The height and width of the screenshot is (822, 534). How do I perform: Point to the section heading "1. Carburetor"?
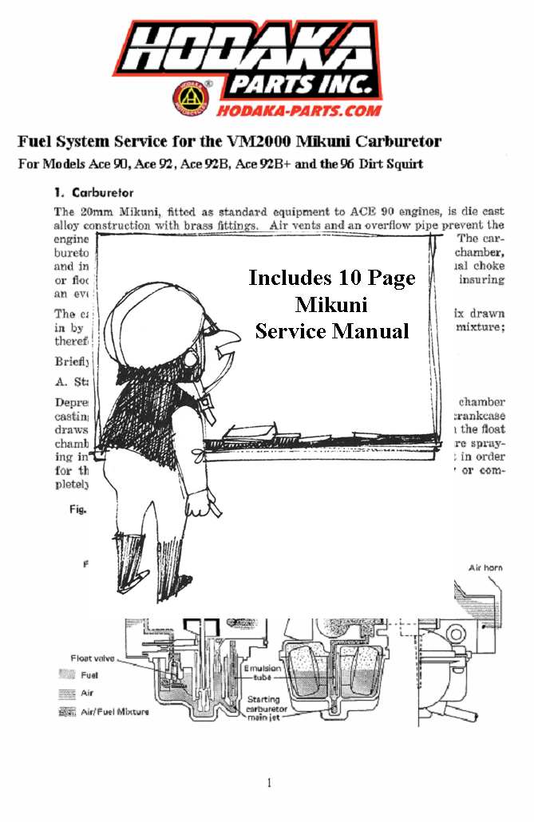[93, 192]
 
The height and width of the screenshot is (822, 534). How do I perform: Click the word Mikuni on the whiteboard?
[331, 304]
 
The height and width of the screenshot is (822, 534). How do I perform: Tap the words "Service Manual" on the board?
[331, 330]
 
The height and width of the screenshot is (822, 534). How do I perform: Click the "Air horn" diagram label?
[485, 567]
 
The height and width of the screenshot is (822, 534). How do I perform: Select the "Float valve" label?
[93, 658]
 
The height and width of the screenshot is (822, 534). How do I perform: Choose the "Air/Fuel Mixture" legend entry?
[114, 712]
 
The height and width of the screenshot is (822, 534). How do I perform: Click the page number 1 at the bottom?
[269, 783]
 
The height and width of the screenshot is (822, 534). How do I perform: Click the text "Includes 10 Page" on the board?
[331, 278]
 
